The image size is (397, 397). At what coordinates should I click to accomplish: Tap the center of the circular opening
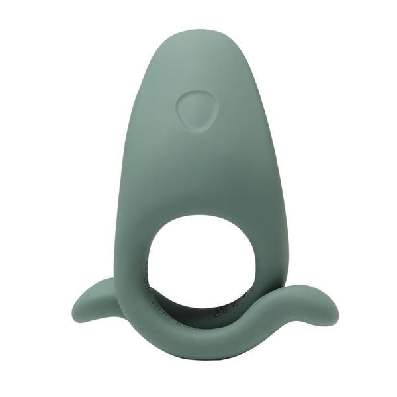197,258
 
